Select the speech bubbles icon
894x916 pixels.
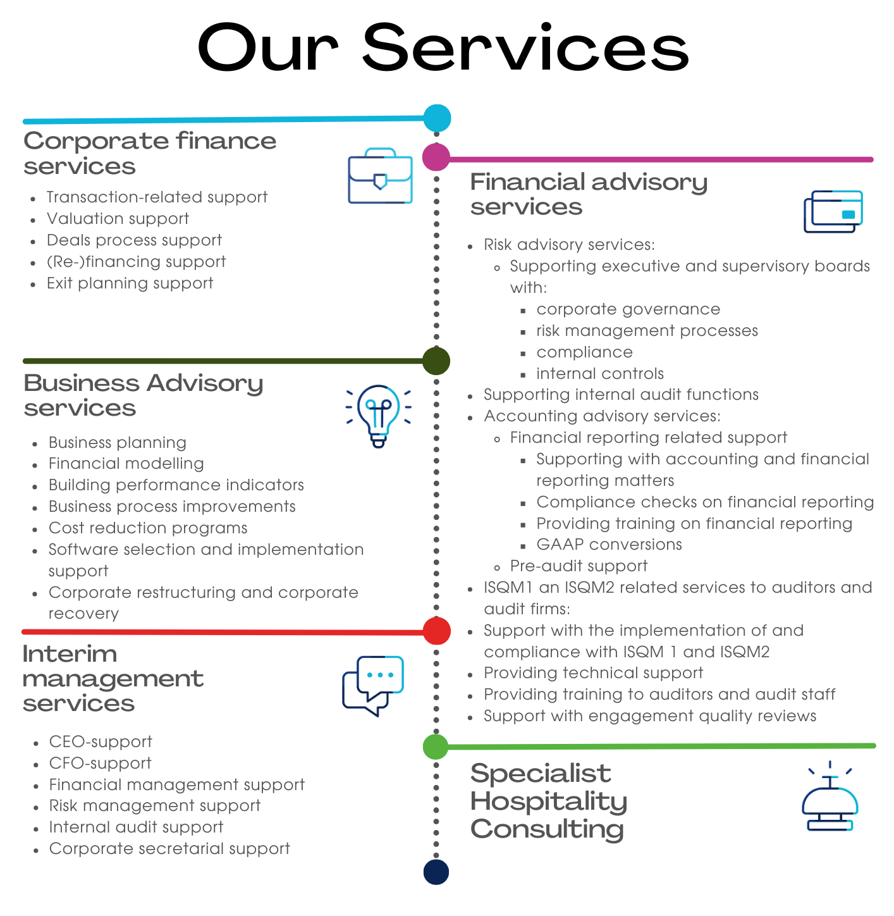pos(372,685)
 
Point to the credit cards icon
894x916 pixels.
pos(833,211)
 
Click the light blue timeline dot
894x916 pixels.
pos(437,118)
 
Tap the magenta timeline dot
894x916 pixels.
pos(436,158)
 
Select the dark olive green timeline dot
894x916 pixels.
pos(436,361)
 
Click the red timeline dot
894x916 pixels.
pos(436,631)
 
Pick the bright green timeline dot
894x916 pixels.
pos(435,746)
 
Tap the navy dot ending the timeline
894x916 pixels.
pos(436,872)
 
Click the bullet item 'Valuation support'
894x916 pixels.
pos(118,219)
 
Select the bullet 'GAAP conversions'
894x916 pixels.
pos(609,545)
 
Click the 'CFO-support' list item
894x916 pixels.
pos(101,763)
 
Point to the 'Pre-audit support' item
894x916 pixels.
pos(579,566)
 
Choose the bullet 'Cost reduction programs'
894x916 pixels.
pos(148,528)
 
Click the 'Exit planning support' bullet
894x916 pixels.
pos(130,283)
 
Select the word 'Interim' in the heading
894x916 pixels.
pos(70,654)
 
